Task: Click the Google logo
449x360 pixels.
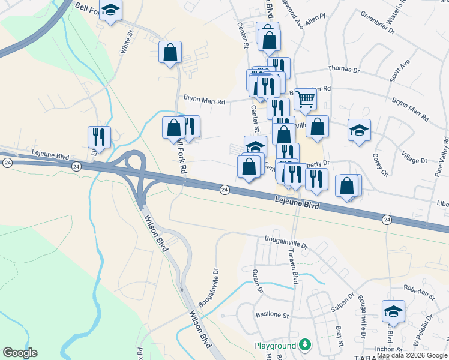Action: (20, 353)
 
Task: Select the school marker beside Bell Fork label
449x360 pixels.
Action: (110, 10)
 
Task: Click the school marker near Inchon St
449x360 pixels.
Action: (393, 311)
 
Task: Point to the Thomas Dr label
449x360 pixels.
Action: (343, 70)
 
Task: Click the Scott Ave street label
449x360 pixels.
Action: (399, 70)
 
